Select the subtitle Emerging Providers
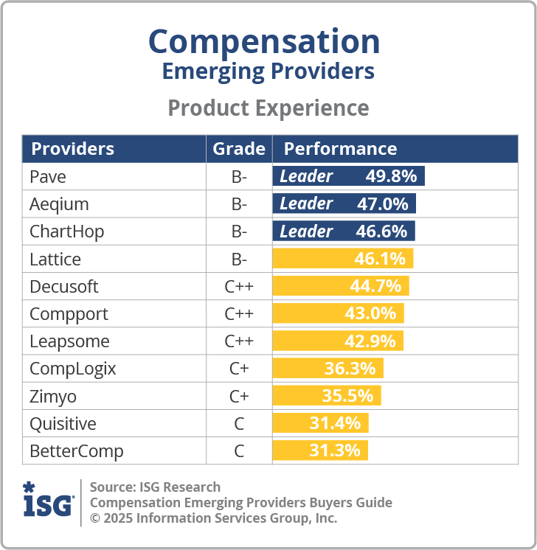[x=268, y=72]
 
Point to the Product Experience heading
[x=268, y=108]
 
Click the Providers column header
[x=72, y=149]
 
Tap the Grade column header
[x=239, y=149]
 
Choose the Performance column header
[x=340, y=149]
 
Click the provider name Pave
[x=47, y=176]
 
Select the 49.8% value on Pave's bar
[x=391, y=176]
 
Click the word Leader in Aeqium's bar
[x=306, y=203]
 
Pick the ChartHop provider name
[x=66, y=232]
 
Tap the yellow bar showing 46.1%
[x=343, y=259]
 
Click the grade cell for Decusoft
[x=239, y=286]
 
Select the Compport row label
[x=69, y=314]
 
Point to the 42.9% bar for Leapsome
[x=338, y=341]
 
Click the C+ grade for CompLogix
[x=239, y=369]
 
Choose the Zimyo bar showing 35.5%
[x=327, y=396]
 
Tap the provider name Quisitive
[x=63, y=424]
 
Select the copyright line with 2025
[x=213, y=518]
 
